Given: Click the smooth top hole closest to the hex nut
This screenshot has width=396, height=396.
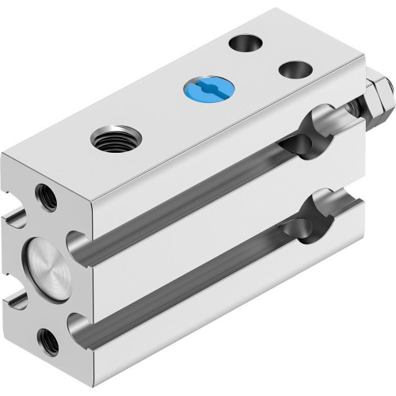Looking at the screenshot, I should [293, 70].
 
